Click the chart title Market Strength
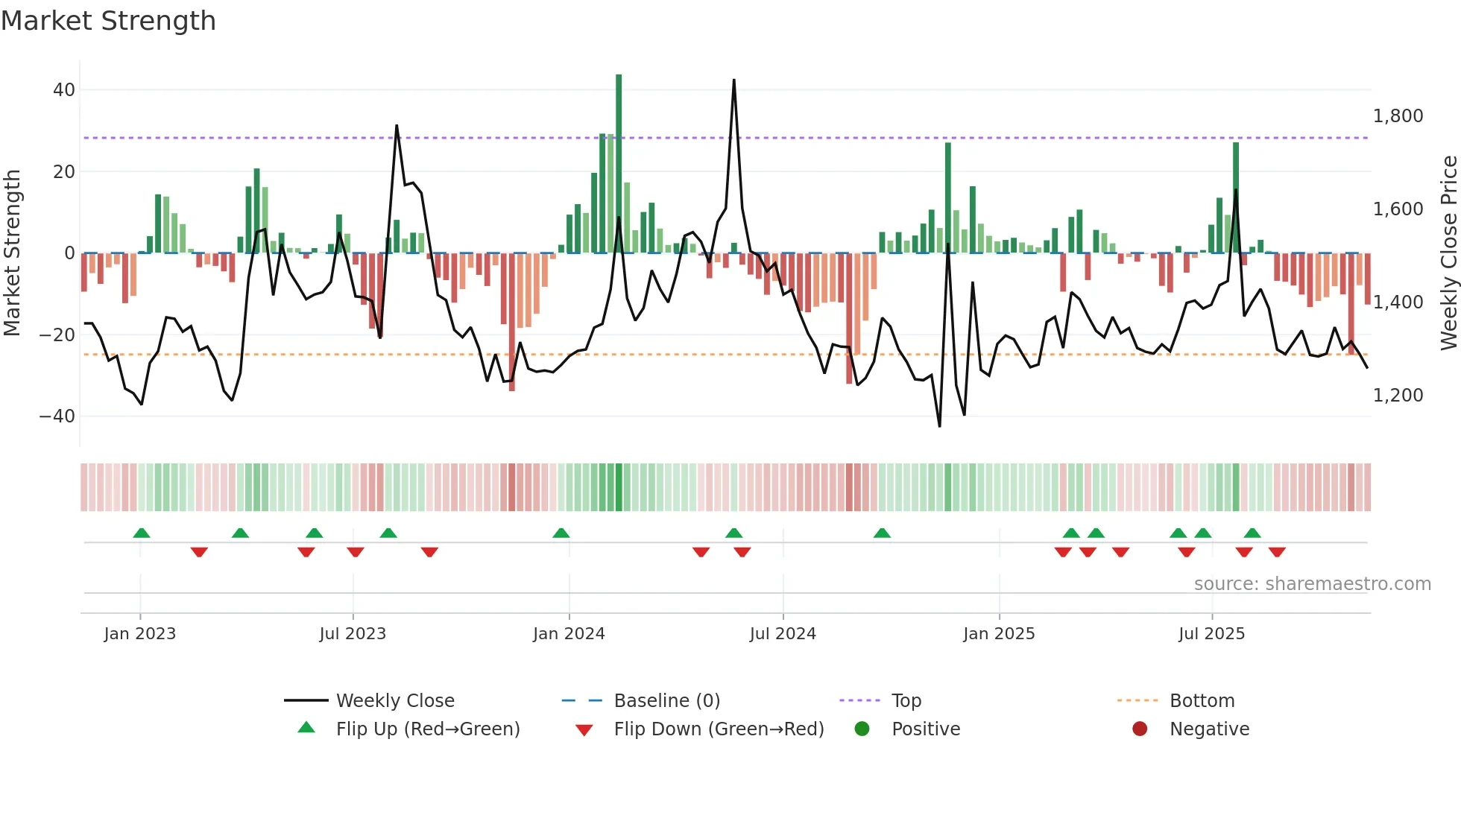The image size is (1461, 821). tap(108, 21)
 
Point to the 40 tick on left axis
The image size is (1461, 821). tap(64, 90)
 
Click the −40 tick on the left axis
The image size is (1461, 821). tap(57, 416)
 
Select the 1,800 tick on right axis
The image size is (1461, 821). tap(1398, 116)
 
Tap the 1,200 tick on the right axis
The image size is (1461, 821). tap(1398, 396)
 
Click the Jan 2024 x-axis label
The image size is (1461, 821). tap(569, 634)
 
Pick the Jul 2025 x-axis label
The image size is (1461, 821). tap(1211, 634)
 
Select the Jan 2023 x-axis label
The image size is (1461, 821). tap(140, 634)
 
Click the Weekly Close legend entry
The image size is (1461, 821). tap(394, 701)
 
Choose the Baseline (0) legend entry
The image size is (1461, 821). tap(666, 701)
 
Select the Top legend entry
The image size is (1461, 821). tap(906, 701)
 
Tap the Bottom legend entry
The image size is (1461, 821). tap(1202, 701)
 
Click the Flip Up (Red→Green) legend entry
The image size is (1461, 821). tap(427, 729)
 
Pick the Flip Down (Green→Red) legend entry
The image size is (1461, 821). tap(719, 729)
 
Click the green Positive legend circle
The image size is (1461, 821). tap(862, 729)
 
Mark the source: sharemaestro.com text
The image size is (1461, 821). tap(1312, 584)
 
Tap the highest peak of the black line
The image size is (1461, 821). tap(733, 80)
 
